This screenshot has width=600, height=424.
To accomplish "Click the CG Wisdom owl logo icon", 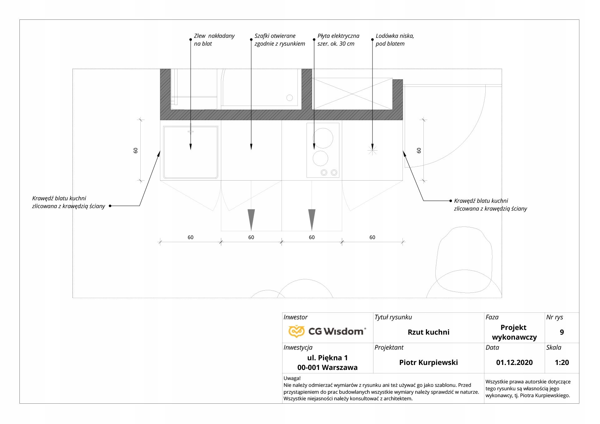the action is click(296, 331).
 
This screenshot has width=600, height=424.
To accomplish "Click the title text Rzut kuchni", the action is click(428, 332).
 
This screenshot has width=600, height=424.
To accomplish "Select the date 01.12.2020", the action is click(514, 362).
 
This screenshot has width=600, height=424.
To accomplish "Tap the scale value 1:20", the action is click(562, 362).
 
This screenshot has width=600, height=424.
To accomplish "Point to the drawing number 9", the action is click(562, 332).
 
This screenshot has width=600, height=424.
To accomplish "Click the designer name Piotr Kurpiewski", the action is click(428, 362).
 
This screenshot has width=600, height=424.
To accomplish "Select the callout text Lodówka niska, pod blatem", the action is click(395, 40).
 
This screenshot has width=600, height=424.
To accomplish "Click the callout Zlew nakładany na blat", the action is click(214, 40).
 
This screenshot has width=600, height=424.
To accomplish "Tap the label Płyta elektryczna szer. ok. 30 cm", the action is click(338, 40).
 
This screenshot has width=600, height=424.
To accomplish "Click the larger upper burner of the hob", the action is click(323, 138).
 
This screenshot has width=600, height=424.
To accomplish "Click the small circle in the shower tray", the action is click(290, 98).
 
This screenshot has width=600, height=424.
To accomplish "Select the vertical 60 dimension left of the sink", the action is click(136, 150).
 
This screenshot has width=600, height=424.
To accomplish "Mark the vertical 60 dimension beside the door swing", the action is click(419, 150).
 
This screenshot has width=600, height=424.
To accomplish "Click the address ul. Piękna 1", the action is click(327, 358).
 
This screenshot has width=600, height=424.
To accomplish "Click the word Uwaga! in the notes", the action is click(292, 378).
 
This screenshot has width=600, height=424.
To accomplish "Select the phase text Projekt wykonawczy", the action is click(514, 332).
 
